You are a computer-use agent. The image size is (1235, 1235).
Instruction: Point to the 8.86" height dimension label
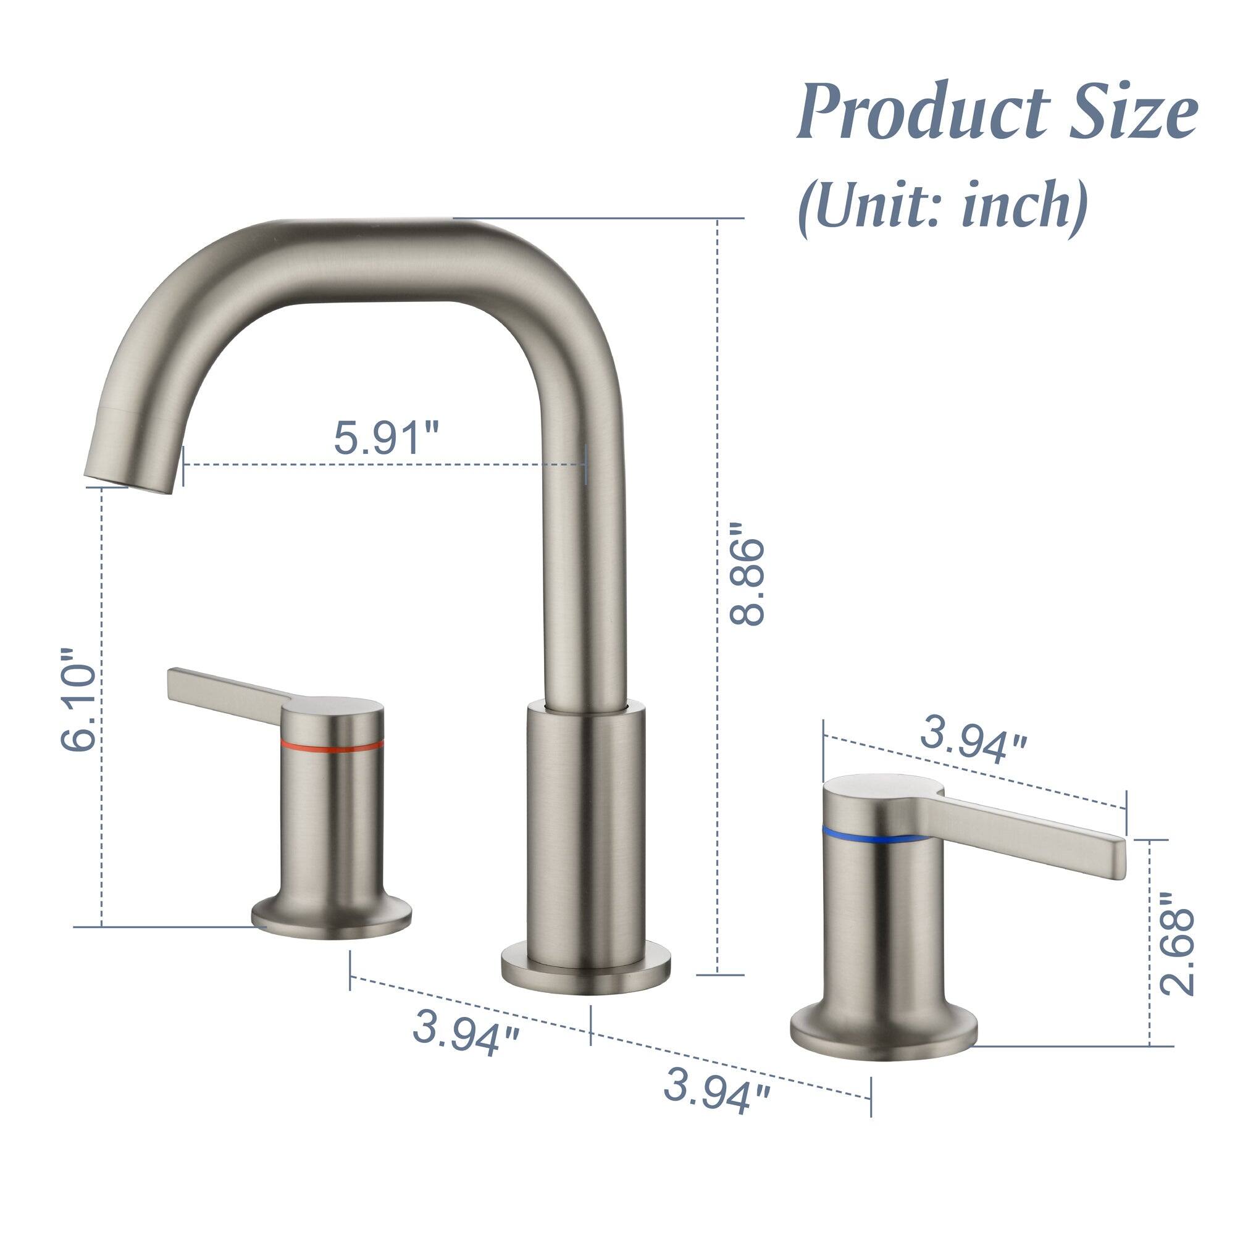pos(748,572)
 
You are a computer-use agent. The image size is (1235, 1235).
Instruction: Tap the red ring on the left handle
pos(332,745)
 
